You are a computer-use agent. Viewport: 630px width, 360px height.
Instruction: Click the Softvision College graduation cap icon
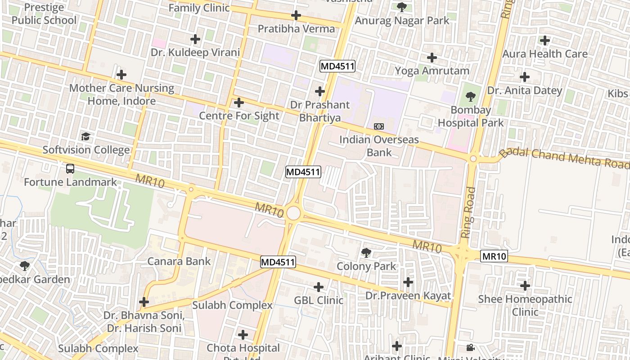point(85,136)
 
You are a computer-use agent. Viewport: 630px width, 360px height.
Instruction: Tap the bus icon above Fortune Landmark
point(70,169)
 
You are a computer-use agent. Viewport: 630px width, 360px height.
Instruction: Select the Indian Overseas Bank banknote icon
point(379,126)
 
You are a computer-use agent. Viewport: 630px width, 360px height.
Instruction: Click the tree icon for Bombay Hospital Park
point(471,96)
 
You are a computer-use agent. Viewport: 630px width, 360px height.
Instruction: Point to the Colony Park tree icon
point(366,252)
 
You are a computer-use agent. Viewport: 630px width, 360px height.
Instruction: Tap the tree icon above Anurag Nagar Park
point(402,7)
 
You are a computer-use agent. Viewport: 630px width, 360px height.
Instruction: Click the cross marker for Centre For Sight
point(239,103)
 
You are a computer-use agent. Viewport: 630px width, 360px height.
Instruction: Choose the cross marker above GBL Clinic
point(319,287)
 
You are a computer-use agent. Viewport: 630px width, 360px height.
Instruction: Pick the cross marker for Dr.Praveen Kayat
point(408,282)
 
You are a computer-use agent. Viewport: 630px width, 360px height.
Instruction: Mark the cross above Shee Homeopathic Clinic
point(525,285)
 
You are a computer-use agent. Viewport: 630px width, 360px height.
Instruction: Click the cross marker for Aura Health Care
point(545,40)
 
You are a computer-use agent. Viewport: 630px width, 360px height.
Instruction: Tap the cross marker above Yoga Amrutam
point(432,58)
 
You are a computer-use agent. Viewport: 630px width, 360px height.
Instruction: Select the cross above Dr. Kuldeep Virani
point(195,39)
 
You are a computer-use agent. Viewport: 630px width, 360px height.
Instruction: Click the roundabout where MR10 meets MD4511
point(293,213)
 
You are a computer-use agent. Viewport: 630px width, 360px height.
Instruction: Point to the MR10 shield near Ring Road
point(494,256)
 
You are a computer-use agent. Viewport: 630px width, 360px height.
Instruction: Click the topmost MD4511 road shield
point(337,67)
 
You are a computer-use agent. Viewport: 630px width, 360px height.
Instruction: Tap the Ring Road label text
point(468,212)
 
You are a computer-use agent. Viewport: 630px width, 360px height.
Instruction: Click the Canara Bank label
point(179,261)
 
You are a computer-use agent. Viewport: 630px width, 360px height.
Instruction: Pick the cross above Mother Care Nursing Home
point(121,75)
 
